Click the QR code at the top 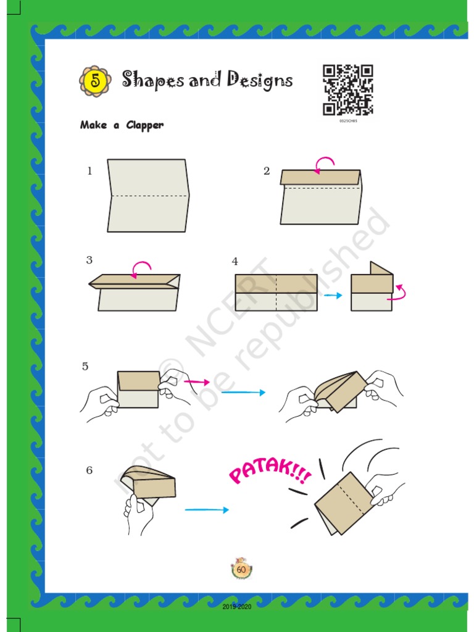click(348, 90)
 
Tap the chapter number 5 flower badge click(95, 80)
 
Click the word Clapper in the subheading click(145, 125)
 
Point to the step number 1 click(89, 172)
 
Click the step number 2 click(267, 172)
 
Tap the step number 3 click(89, 260)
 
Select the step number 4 click(235, 262)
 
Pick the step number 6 click(89, 470)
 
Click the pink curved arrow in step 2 click(325, 164)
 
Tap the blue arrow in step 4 click(333, 296)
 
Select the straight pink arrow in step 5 click(197, 383)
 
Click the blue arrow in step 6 click(207, 510)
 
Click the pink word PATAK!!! click(269, 473)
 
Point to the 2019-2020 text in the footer click(237, 607)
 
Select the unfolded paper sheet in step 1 click(148, 196)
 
